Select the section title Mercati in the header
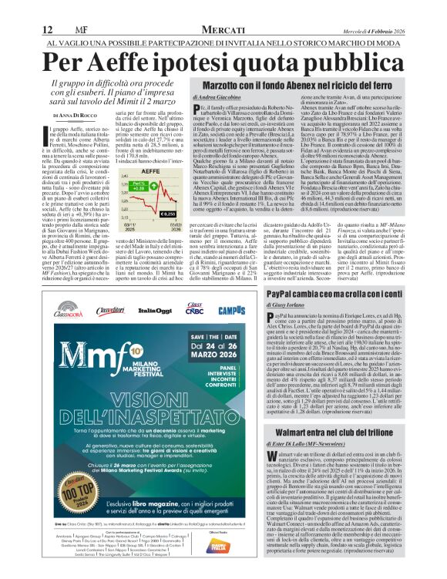click(x=222, y=9)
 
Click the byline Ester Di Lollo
click(x=231, y=443)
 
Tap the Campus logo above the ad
click(x=231, y=310)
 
